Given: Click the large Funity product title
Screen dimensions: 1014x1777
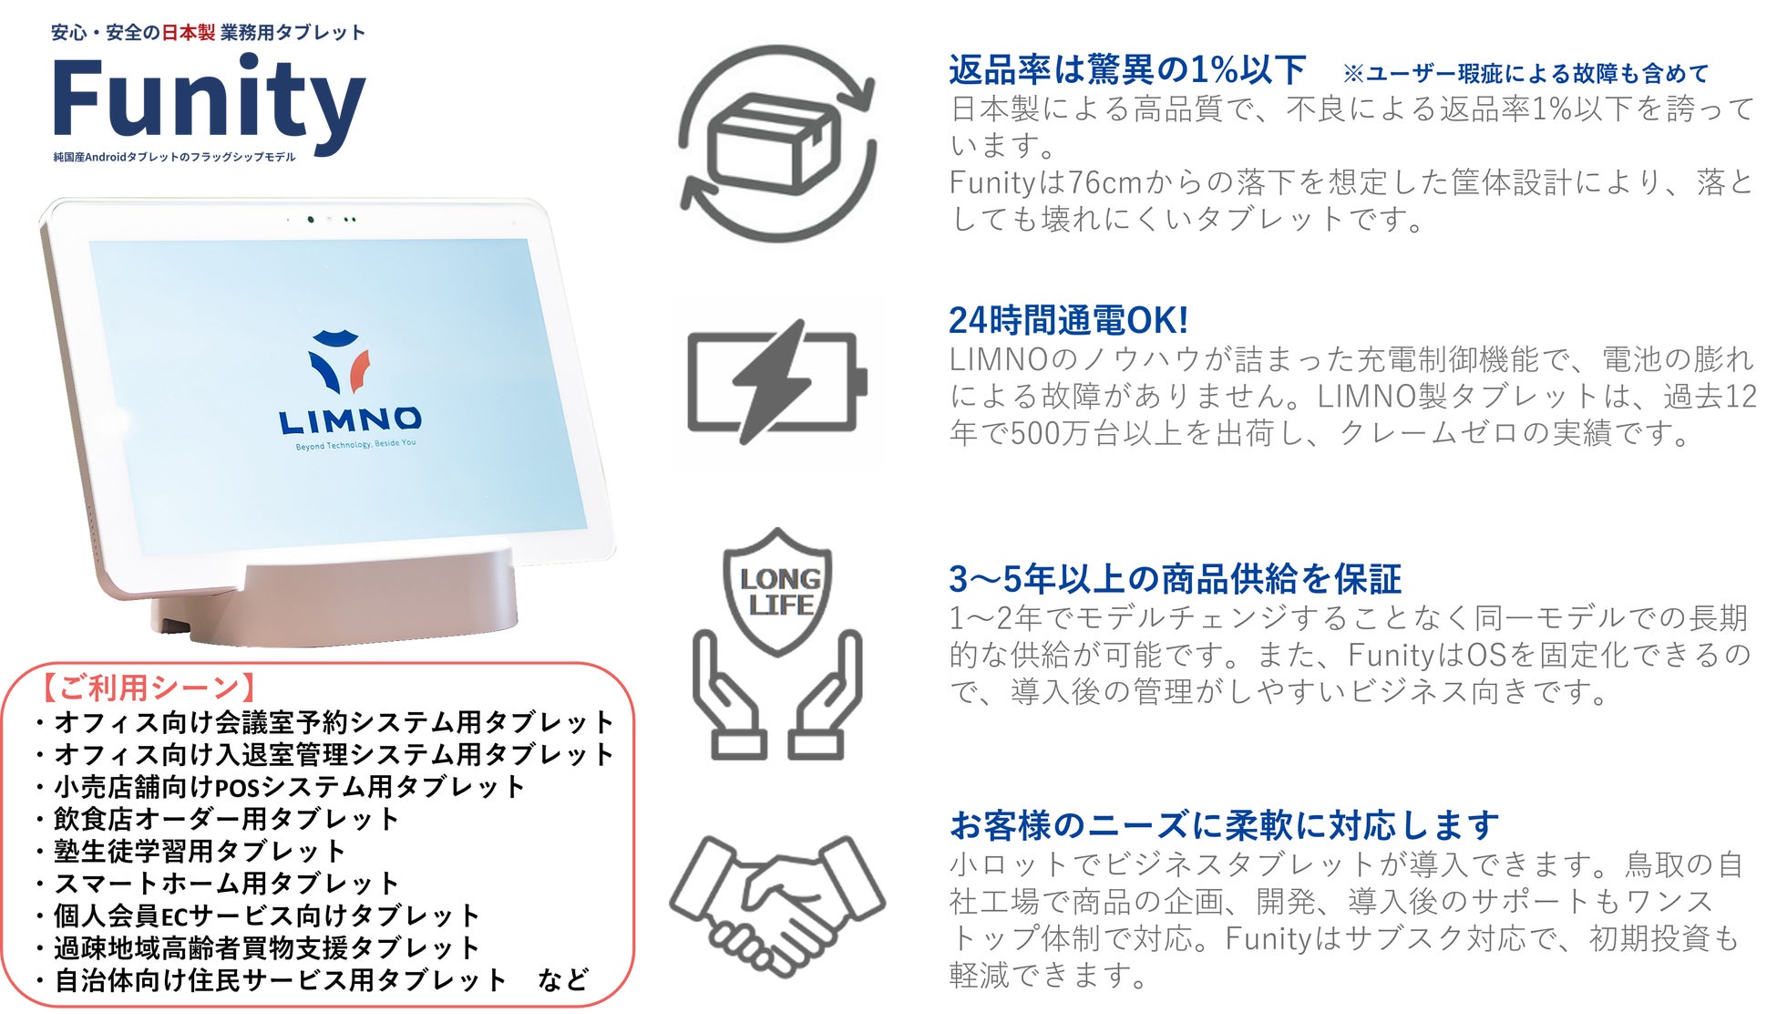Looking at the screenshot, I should [x=209, y=98].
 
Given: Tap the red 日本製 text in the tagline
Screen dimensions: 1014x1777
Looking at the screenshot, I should [x=188, y=33].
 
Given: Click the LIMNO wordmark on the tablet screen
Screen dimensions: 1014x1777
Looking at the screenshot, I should [x=350, y=420].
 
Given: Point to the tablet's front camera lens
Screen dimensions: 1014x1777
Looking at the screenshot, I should [x=312, y=219].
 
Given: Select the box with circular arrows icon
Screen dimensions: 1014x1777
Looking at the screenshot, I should [x=777, y=143].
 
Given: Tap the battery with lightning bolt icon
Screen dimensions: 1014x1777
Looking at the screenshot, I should [x=776, y=382].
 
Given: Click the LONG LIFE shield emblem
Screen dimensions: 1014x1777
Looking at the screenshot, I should [x=777, y=590].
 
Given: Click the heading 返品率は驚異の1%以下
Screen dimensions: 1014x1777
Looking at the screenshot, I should [x=1127, y=69].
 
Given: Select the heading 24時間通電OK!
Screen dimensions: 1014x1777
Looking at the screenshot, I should [x=1068, y=320].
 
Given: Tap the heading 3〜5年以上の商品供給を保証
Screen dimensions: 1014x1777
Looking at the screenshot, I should [x=1175, y=579].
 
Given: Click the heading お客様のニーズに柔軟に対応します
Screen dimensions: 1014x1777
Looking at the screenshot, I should [x=1223, y=825].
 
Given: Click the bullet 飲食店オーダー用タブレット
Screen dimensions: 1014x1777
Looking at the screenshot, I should [x=226, y=819].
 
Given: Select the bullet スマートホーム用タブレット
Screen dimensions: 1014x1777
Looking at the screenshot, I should [x=226, y=884].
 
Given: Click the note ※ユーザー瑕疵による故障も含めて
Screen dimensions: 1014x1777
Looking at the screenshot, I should [x=1526, y=74].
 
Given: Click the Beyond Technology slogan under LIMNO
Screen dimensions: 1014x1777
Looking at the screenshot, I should [x=355, y=445].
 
